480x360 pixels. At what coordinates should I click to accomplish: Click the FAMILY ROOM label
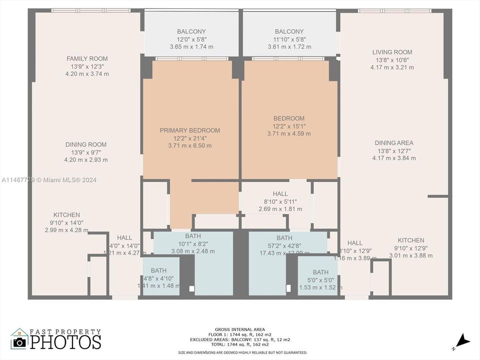tap(87, 58)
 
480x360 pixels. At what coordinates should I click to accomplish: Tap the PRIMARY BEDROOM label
tap(189, 130)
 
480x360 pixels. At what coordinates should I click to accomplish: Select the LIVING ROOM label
tap(392, 52)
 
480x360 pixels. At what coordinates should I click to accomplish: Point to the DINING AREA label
tap(394, 143)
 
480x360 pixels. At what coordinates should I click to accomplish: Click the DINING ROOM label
tap(86, 144)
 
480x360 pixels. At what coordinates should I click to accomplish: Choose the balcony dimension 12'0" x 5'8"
tap(191, 39)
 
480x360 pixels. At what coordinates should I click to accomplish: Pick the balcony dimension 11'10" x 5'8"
tap(289, 39)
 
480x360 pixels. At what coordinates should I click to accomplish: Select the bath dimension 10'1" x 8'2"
tap(192, 244)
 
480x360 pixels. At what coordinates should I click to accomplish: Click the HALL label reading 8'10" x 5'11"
tap(280, 201)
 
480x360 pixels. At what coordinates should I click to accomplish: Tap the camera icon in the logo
tap(20, 342)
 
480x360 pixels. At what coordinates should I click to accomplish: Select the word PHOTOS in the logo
tap(65, 342)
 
